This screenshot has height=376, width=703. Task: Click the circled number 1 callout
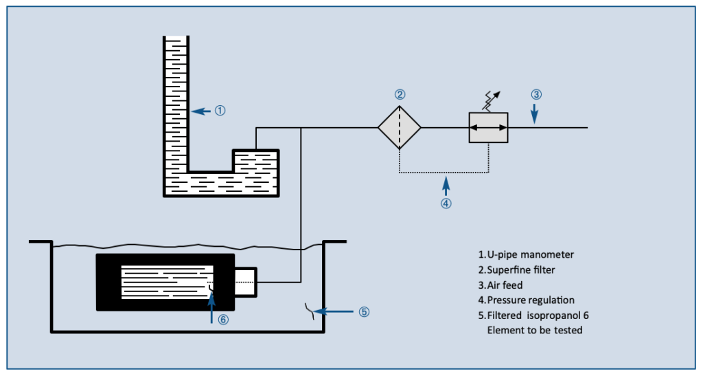[220, 110]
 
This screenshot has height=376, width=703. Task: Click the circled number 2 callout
[400, 94]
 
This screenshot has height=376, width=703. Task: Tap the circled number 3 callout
[536, 94]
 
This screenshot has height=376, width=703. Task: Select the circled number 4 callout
[446, 203]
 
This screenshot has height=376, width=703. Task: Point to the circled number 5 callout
[364, 311]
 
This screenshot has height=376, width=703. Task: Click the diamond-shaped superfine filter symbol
[399, 128]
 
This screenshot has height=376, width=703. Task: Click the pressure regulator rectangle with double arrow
[488, 128]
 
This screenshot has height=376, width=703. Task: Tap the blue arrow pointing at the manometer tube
[201, 110]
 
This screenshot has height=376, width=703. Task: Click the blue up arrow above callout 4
[446, 184]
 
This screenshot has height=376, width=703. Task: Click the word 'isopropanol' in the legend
[553, 315]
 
